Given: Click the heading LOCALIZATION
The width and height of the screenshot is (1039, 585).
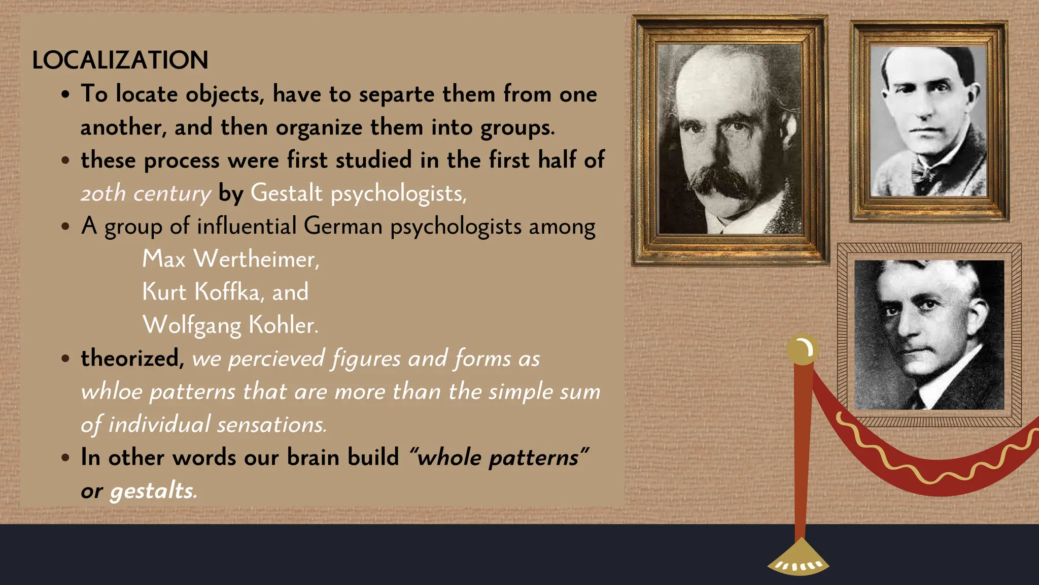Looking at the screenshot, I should click(x=120, y=60).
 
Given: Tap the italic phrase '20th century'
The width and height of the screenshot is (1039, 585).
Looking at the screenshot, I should click(x=146, y=193).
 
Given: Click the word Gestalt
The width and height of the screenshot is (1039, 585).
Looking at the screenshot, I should click(x=286, y=193).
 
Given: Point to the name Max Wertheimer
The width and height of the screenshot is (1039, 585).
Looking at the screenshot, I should click(x=231, y=259).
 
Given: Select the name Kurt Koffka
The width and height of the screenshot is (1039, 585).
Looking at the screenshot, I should click(x=201, y=292).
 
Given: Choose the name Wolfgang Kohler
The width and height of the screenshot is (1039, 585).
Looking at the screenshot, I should click(x=230, y=325).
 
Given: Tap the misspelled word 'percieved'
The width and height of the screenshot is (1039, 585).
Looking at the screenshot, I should click(x=276, y=359).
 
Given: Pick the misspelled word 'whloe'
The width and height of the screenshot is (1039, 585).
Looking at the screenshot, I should click(x=112, y=392).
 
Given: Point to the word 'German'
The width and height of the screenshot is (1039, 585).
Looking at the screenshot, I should click(x=343, y=226).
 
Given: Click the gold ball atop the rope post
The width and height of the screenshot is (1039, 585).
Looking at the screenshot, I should click(x=802, y=349).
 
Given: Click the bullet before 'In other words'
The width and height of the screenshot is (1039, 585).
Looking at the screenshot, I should click(x=65, y=458).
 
